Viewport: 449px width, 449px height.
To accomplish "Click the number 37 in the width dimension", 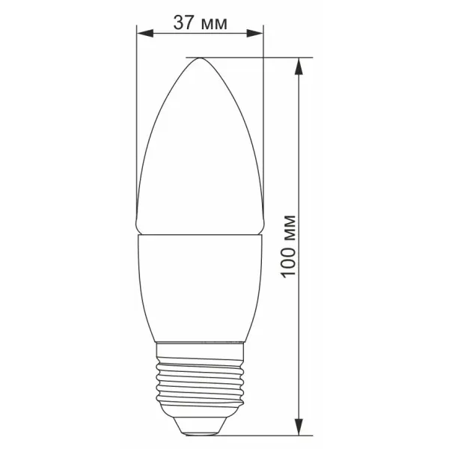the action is [x=183, y=22].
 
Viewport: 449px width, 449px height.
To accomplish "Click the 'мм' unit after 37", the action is [x=214, y=25].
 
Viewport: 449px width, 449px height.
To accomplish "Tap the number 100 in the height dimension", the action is [x=288, y=262].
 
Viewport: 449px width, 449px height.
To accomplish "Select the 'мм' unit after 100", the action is [x=288, y=227].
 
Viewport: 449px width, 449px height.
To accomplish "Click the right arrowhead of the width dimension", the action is [x=254, y=33].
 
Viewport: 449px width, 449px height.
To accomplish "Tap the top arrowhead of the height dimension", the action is [x=299, y=67].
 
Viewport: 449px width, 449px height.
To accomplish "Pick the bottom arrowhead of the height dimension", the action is [x=299, y=427].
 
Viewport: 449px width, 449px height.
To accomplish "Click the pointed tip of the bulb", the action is [x=200, y=58].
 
